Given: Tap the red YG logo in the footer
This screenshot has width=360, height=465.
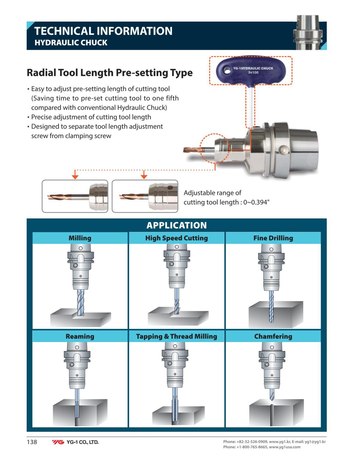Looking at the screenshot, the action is [x=58, y=442].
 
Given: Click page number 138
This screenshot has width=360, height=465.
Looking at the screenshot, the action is [x=32, y=442].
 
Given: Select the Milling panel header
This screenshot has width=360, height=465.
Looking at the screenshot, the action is [x=80, y=238].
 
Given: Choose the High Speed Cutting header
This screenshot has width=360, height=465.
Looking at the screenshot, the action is [x=176, y=238].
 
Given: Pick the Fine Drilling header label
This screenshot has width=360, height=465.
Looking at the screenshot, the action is [x=273, y=238].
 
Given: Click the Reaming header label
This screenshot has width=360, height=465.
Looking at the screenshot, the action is [x=80, y=336].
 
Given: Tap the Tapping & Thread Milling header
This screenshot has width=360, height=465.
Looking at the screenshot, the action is [x=176, y=336].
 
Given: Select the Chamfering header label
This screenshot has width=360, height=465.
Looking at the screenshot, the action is [x=273, y=336].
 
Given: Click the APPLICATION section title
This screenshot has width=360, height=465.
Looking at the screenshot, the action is [x=177, y=225].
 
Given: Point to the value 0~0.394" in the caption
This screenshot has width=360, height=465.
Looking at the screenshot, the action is [x=256, y=202].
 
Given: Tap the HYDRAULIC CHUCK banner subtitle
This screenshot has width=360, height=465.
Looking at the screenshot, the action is [x=71, y=43].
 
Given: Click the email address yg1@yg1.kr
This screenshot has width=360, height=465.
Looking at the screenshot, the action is [x=315, y=442].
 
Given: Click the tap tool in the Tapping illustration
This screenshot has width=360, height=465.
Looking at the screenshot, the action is [x=175, y=406].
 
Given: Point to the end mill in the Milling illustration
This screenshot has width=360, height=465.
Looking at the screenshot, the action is [x=80, y=302].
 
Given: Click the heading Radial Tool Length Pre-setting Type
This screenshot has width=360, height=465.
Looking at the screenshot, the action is [x=110, y=73].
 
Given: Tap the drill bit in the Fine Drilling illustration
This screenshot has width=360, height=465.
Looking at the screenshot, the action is [x=271, y=306].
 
